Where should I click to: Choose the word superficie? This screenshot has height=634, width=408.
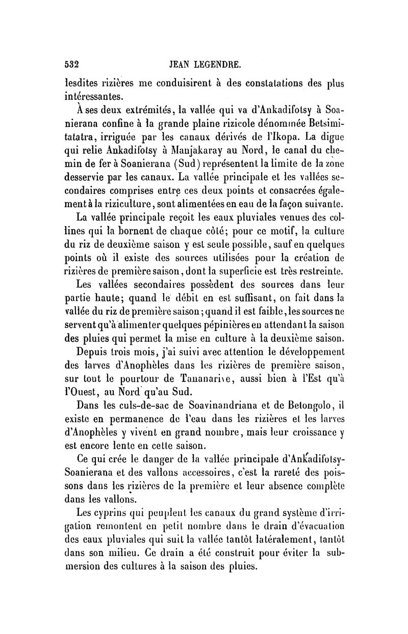coord(277,270)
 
